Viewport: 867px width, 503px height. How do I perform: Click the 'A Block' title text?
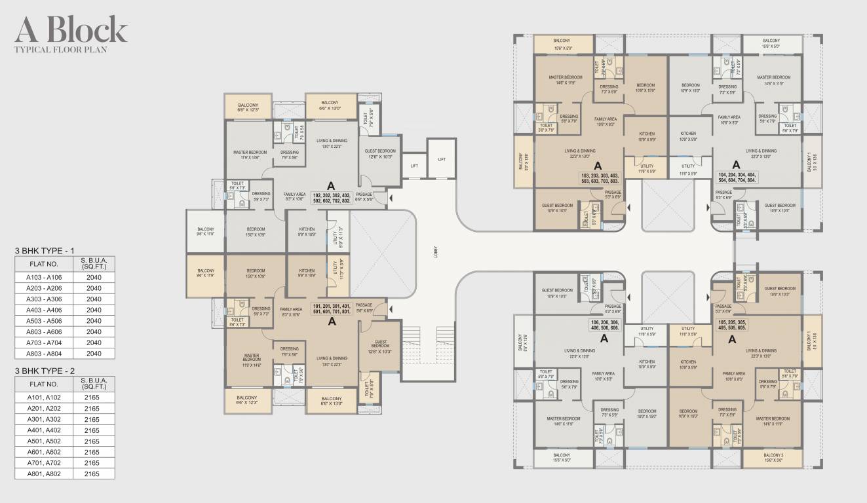point(71,29)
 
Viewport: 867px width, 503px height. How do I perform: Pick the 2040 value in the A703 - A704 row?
point(94,343)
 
